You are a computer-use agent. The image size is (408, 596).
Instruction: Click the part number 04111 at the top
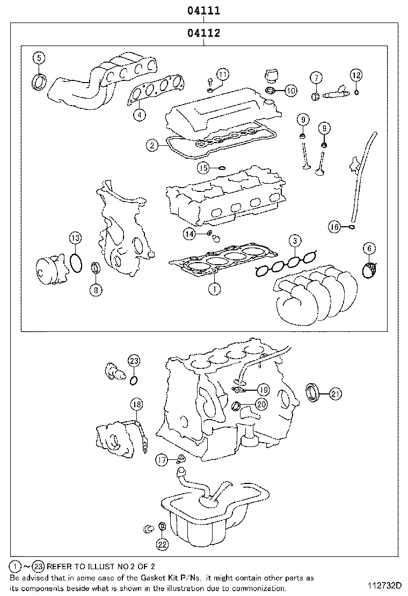204,10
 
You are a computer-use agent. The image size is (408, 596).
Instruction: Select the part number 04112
204,33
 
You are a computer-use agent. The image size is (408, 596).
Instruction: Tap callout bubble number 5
39,58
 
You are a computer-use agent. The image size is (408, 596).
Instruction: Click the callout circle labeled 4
139,114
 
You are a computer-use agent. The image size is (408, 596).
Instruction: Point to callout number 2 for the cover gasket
152,145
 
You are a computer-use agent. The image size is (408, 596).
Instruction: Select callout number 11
223,73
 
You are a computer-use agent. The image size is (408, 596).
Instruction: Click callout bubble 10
290,90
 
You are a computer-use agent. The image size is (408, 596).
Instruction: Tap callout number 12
356,75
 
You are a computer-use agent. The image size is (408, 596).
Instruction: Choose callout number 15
203,168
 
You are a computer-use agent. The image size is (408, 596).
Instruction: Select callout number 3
294,241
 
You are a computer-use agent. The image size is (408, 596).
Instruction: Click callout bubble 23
134,360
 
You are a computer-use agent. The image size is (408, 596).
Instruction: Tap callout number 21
335,394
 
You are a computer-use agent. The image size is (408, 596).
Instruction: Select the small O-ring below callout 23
134,381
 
